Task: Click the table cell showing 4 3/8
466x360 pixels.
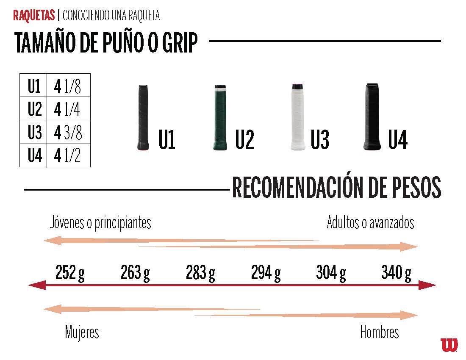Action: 68,133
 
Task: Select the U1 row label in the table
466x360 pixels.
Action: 34,86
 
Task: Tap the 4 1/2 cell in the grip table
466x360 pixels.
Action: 68,156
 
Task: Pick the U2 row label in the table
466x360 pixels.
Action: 34,110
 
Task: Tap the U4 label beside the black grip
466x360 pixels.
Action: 397,140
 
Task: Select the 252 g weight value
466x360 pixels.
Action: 70,273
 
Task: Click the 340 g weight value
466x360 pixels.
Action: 396,273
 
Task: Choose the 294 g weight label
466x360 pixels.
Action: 266,273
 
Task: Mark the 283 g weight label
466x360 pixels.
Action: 200,273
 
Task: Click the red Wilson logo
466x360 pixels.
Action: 449,344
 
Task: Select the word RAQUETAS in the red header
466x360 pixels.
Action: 34,16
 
